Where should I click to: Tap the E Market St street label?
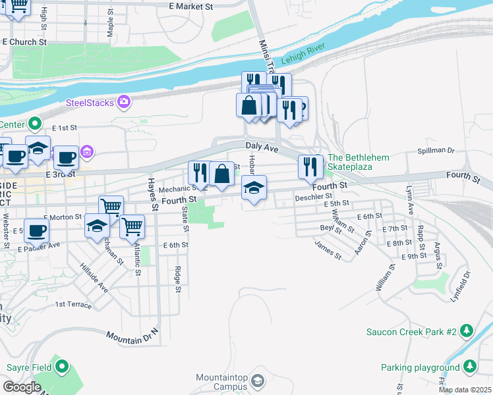191,6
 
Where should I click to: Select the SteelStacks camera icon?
123,102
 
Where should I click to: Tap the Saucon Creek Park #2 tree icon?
467,330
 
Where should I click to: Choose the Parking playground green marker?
470,365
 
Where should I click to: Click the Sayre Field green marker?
62,366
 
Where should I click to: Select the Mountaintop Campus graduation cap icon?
258,381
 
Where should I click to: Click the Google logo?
22,387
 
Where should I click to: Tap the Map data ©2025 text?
465,390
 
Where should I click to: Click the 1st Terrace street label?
74,304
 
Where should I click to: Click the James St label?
328,251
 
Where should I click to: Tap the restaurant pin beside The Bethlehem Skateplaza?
308,167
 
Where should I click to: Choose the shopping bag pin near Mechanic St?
222,174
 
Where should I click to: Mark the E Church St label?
25,41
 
